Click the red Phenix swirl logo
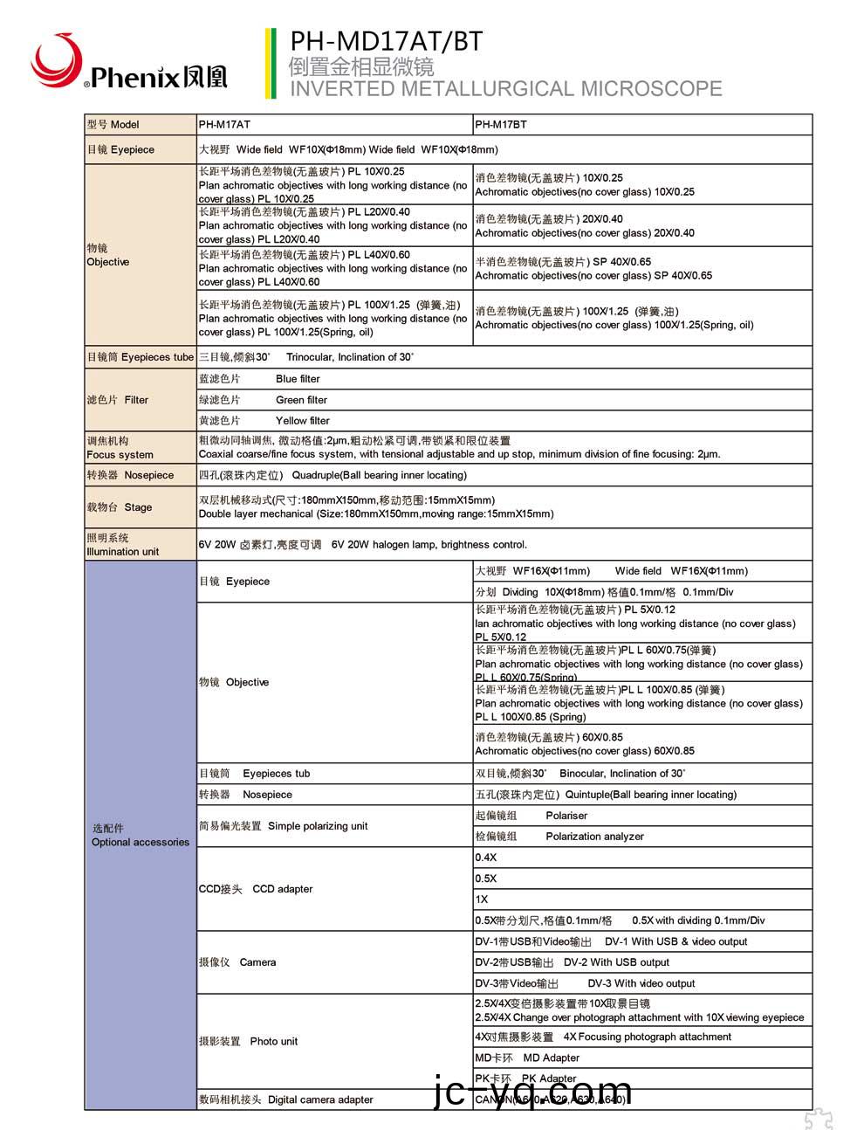(54, 59)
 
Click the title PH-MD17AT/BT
(386, 41)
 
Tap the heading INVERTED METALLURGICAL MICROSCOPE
(505, 89)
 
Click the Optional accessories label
(140, 836)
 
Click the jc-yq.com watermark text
(532, 1092)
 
